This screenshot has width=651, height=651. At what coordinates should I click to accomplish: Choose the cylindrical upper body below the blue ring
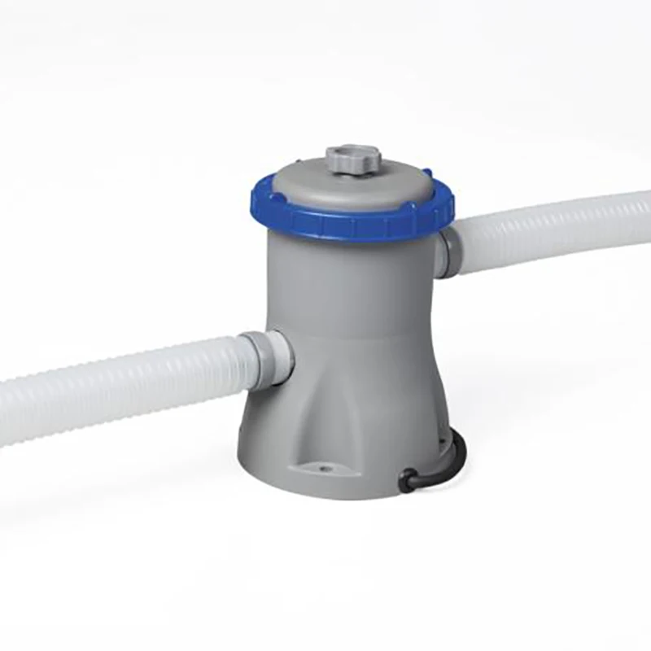tap(358, 285)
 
